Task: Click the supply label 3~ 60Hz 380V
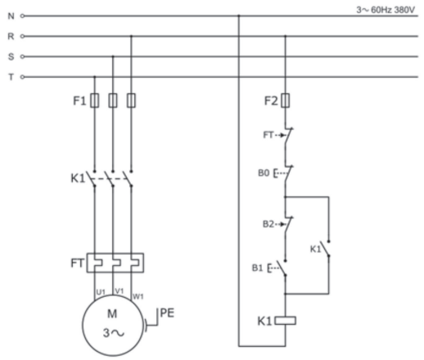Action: [386, 10]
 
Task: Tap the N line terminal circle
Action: [22, 16]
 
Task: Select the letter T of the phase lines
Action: [11, 77]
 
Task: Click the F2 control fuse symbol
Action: [286, 101]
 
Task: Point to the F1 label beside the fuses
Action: [79, 101]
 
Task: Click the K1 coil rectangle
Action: [285, 321]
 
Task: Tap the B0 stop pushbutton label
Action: [264, 173]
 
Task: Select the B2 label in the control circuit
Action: [268, 224]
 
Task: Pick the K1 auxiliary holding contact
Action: [325, 249]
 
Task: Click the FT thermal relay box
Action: [115, 263]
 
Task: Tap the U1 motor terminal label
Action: [101, 292]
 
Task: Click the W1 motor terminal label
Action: [138, 296]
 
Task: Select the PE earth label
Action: [167, 313]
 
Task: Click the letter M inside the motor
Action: [112, 314]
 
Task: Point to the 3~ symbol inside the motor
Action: [114, 333]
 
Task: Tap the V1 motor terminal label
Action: [120, 291]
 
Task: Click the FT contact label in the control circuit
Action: [268, 135]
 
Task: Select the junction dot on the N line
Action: [239, 16]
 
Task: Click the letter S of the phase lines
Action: [11, 56]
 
